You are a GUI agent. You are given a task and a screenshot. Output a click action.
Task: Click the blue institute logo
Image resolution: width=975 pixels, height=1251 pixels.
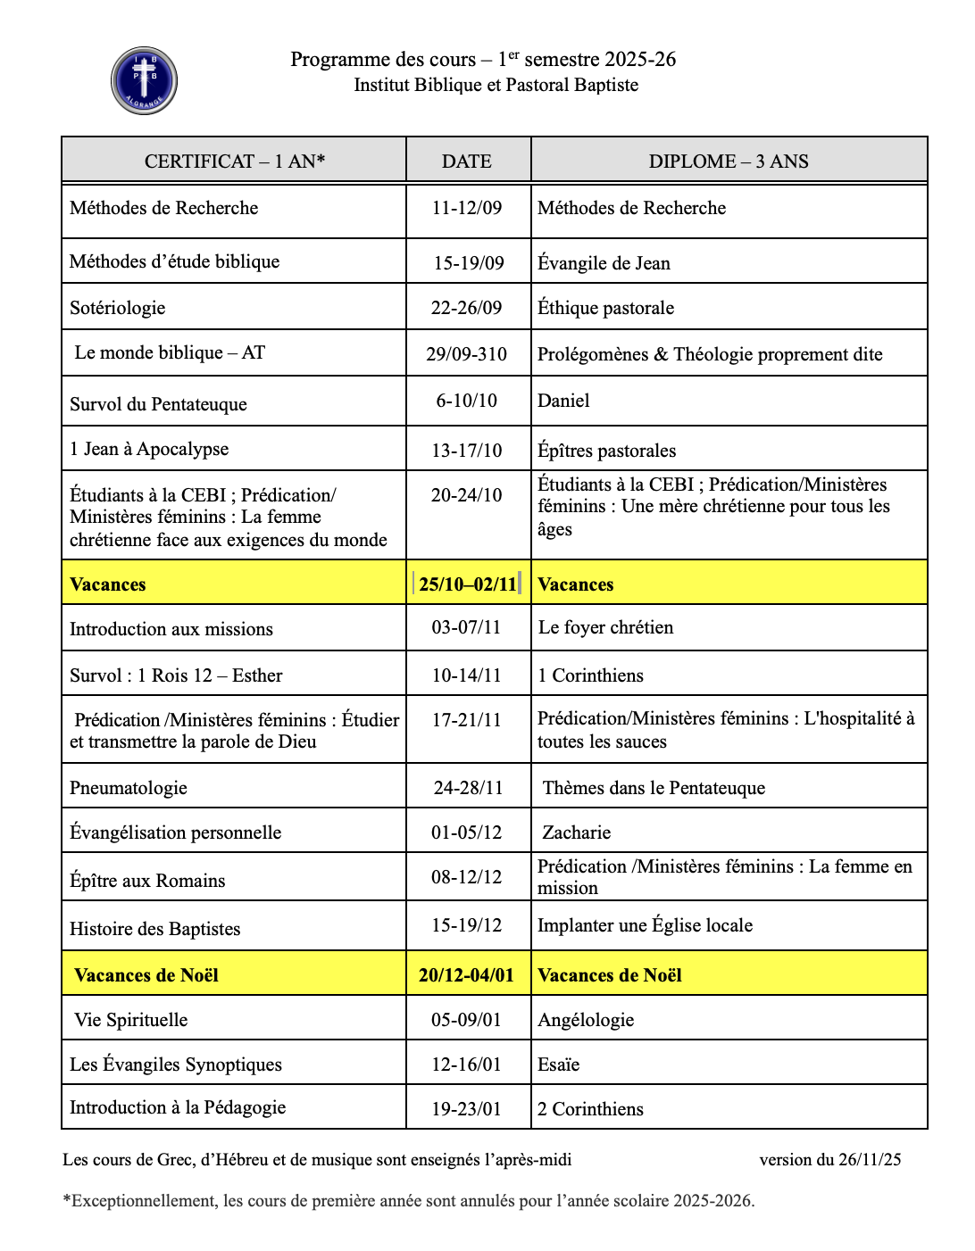click(x=144, y=81)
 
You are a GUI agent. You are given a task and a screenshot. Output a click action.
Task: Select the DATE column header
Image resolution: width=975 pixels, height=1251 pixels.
click(x=467, y=162)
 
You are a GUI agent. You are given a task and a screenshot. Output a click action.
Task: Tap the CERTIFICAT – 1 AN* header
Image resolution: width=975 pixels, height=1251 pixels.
click(x=235, y=162)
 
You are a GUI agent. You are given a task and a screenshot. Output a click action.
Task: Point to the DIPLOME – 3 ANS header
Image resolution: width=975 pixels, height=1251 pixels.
click(x=729, y=162)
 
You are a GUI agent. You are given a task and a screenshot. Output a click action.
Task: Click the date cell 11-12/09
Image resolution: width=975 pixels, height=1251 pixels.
click(x=467, y=208)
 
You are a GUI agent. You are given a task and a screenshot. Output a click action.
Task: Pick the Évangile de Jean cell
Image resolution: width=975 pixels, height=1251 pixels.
click(x=604, y=263)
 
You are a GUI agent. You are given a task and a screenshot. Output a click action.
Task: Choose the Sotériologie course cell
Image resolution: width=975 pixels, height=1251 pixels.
click(x=118, y=308)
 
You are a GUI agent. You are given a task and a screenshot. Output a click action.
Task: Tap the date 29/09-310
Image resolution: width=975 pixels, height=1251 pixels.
click(x=467, y=354)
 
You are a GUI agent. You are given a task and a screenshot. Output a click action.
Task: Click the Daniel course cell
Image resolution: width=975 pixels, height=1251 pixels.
click(x=563, y=401)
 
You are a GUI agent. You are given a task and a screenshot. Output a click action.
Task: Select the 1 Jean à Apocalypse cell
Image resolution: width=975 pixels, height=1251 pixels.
click(x=149, y=449)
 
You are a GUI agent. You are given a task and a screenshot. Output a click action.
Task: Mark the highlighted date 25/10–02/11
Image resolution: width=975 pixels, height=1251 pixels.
click(x=468, y=584)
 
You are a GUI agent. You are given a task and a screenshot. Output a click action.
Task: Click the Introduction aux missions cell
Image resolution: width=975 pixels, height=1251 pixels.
click(x=171, y=629)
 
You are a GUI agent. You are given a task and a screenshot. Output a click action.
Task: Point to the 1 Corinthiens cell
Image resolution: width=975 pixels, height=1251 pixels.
click(x=590, y=675)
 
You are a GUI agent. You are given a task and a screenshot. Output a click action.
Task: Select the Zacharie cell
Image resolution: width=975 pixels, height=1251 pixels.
click(x=577, y=833)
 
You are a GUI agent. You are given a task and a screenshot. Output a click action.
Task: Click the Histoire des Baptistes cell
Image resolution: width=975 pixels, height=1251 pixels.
click(x=155, y=929)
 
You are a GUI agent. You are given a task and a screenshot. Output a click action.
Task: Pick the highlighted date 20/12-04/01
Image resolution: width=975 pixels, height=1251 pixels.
click(x=467, y=975)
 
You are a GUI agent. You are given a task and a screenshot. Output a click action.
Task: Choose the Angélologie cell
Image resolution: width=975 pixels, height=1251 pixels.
click(x=586, y=1020)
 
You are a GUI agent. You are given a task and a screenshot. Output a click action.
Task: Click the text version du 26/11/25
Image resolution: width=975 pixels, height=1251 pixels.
click(x=829, y=1160)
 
